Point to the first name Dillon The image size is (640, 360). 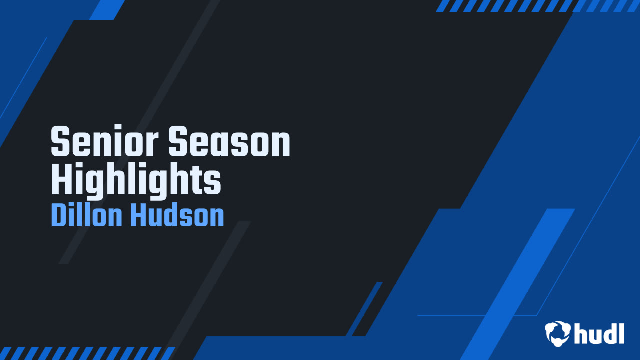tap(87, 216)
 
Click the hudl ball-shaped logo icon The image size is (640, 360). tap(558, 333)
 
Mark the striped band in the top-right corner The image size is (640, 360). tap(537, 5)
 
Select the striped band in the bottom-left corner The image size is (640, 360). tap(87, 353)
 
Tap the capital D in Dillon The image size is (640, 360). tap(59, 216)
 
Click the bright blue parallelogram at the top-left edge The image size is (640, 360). tap(107, 9)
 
